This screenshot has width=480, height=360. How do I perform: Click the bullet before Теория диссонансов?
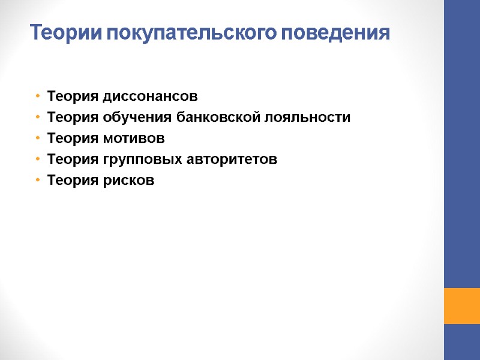pos(38,96)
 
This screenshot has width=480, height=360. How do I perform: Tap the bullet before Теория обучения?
pos(38,117)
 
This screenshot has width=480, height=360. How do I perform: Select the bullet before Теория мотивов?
pos(38,138)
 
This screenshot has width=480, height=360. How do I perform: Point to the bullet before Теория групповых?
pos(38,159)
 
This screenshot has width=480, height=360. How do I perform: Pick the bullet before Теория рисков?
pos(38,180)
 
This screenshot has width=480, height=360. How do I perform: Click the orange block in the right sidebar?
pos(461,306)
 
